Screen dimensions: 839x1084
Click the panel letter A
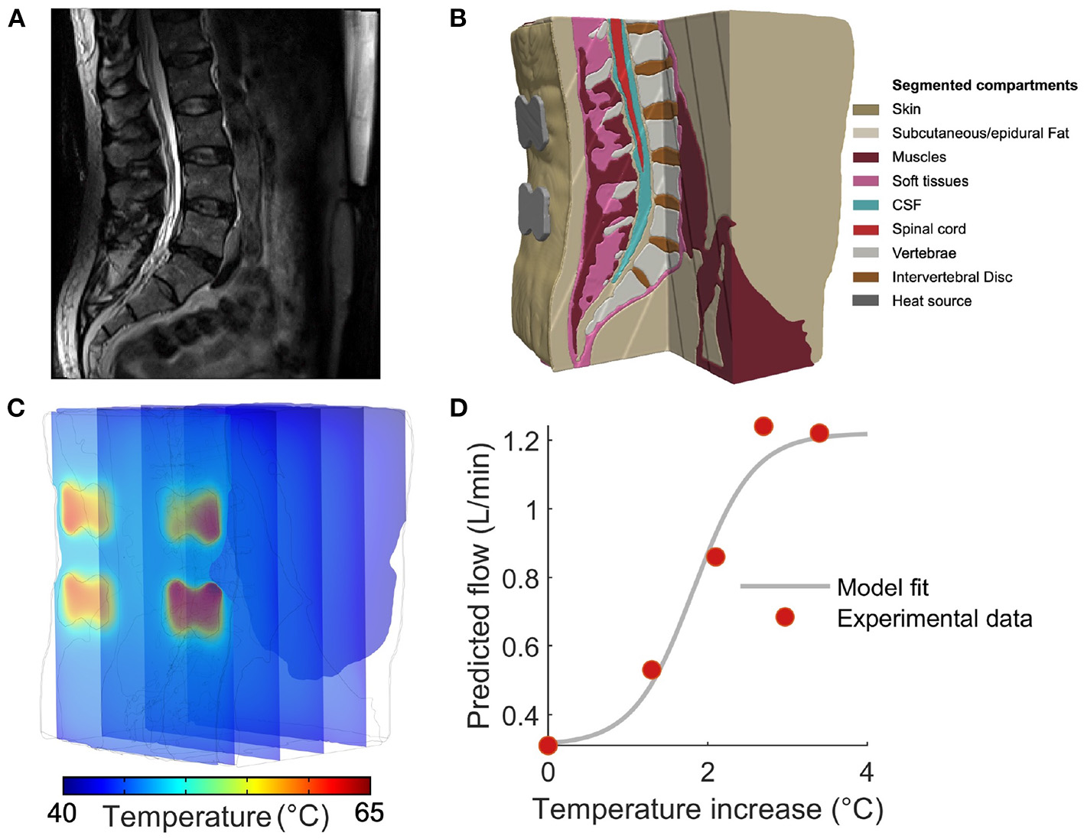[x=17, y=18]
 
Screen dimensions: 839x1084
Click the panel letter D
[x=458, y=408]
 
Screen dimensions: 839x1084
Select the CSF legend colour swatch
[x=865, y=205]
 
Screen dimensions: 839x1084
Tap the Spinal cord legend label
[x=929, y=229]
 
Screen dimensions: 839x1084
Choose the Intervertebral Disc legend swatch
[x=865, y=277]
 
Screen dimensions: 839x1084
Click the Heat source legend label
[x=931, y=301]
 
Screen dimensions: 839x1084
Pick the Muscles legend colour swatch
[x=865, y=157]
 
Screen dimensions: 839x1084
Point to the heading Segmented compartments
[x=984, y=85]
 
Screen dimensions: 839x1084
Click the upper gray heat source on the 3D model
[x=533, y=120]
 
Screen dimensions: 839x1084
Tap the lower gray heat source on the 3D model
[x=533, y=210]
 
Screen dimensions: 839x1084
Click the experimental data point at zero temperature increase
[x=548, y=745]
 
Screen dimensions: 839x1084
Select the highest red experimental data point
[x=763, y=426]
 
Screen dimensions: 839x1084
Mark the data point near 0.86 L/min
[x=715, y=557]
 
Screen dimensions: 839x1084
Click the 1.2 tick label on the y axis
[x=522, y=441]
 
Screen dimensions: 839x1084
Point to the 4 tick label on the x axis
[x=866, y=772]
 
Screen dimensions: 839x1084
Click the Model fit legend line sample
[x=784, y=587]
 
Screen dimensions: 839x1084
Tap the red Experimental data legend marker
[x=784, y=617]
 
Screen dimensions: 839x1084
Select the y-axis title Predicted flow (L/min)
[x=479, y=589]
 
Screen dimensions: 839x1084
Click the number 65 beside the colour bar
[x=369, y=812]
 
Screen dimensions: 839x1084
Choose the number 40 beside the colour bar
[x=62, y=812]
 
